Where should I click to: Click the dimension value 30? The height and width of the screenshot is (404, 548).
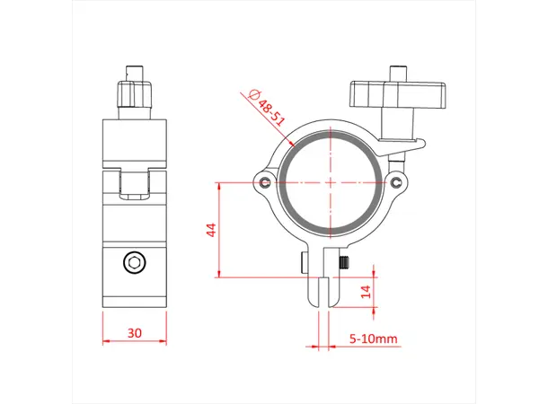[x=135, y=332]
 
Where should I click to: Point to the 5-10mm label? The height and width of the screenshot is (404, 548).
[x=374, y=339]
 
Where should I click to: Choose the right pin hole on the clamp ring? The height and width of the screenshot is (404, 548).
[x=396, y=182]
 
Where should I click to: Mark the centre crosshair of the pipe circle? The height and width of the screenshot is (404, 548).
[x=330, y=180]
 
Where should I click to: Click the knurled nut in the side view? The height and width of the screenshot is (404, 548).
[x=135, y=94]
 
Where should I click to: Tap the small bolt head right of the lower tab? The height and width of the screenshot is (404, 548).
[x=344, y=263]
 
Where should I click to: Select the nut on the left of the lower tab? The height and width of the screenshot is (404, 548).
[x=304, y=263]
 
